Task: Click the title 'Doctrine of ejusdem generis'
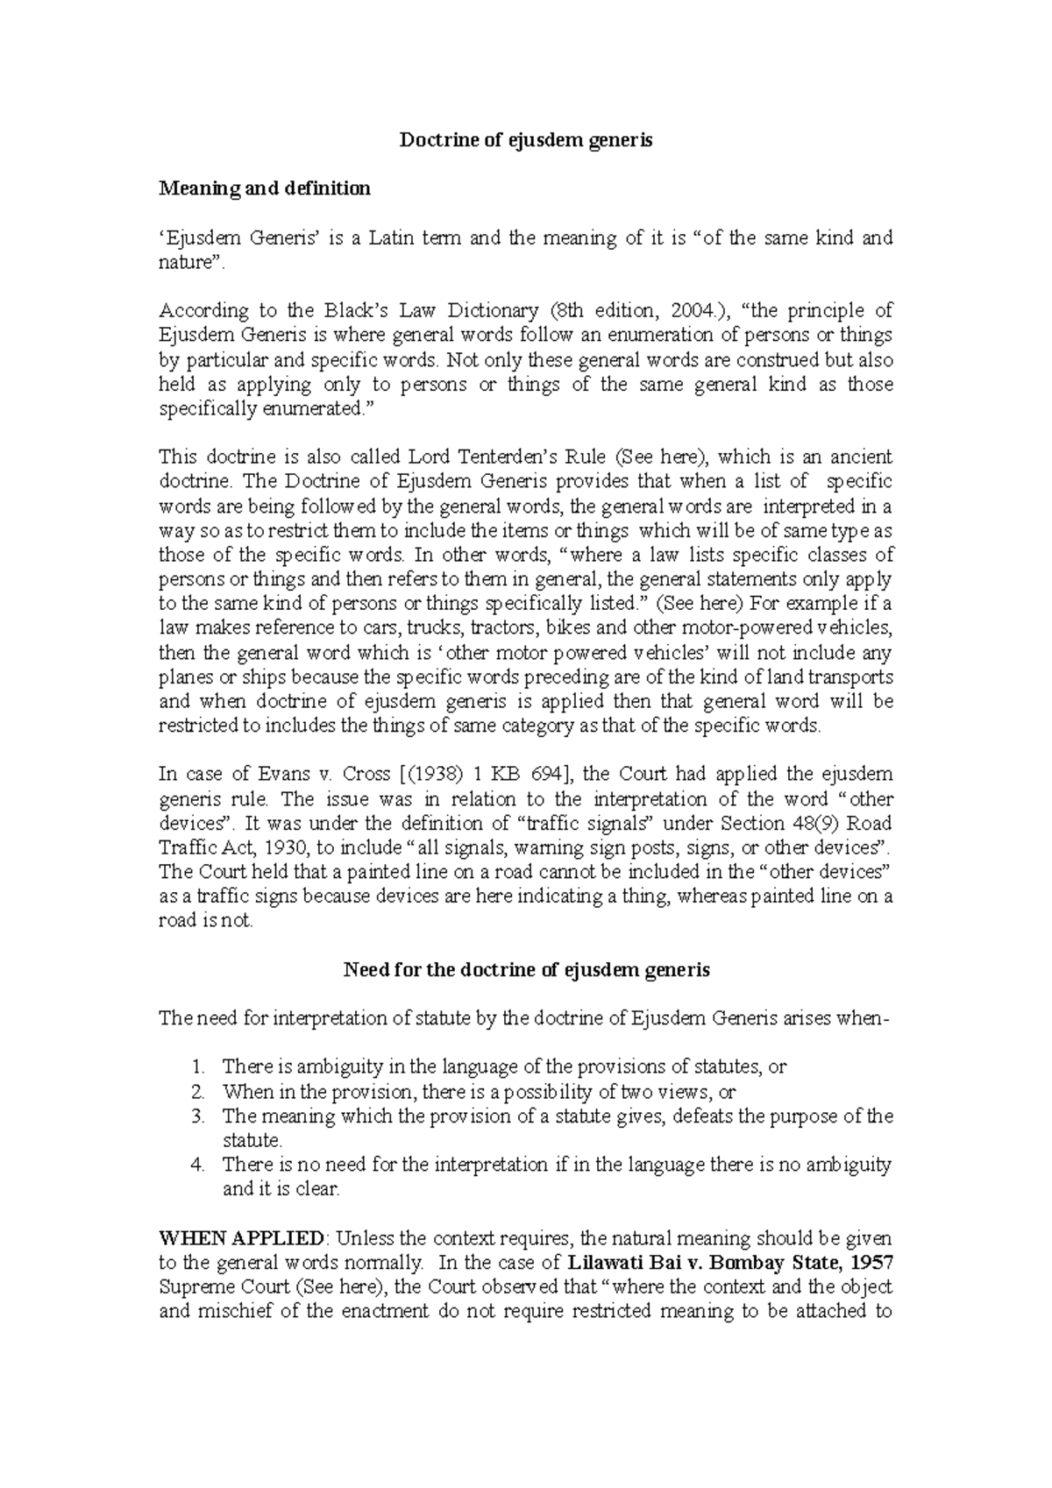click(x=526, y=140)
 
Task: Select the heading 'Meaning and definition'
click(x=264, y=188)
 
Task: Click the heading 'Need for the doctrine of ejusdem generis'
click(x=526, y=970)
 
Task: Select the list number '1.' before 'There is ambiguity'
click(x=197, y=1067)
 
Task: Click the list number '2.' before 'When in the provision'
click(x=197, y=1092)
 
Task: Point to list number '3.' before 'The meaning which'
click(x=197, y=1116)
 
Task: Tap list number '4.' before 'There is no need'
click(x=197, y=1166)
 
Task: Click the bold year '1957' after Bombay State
click(x=871, y=1264)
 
